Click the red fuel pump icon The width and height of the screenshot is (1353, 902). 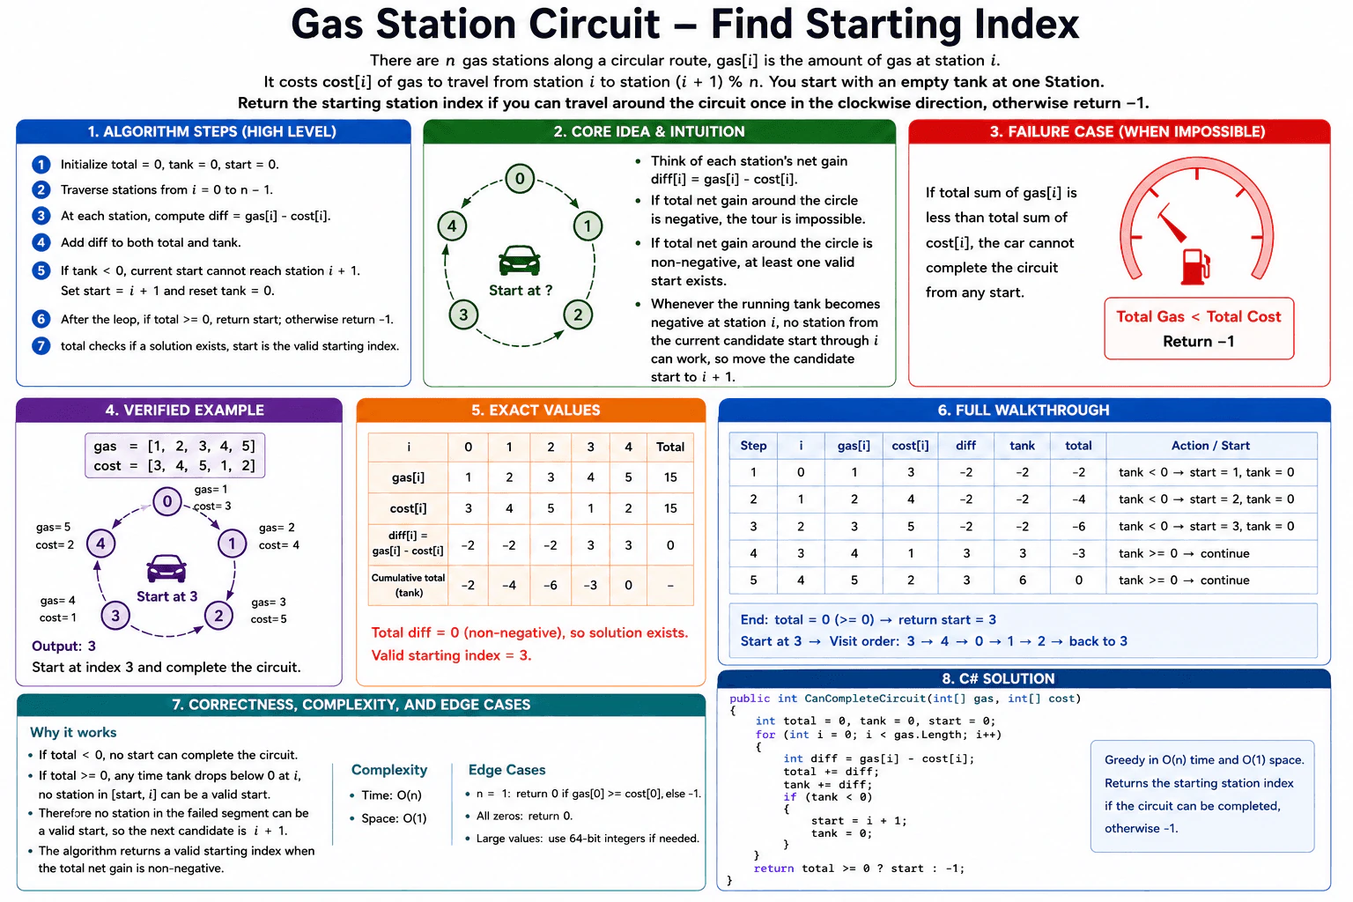(1195, 266)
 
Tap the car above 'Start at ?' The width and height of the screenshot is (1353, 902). (519, 261)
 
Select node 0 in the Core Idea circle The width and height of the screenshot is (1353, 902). (520, 178)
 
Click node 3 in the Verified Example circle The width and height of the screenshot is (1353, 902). (115, 616)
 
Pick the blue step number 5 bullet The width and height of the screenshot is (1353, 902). (41, 270)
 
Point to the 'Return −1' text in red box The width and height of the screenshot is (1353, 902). (1198, 342)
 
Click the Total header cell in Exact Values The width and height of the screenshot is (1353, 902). (669, 447)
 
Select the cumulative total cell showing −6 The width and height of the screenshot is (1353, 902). (550, 585)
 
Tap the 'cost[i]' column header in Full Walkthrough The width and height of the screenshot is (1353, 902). (910, 445)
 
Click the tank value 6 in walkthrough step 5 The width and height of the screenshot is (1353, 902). (1022, 580)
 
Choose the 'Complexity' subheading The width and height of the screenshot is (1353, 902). (389, 770)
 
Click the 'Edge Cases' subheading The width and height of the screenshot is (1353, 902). (506, 770)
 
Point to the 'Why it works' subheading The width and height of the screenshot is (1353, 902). (73, 732)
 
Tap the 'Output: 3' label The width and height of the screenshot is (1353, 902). (63, 646)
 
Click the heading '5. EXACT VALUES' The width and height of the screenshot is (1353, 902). (536, 410)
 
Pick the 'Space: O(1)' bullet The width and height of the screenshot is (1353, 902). (394, 818)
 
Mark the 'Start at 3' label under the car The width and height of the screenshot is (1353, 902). (166, 596)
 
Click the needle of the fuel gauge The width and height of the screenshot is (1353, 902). (1172, 225)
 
